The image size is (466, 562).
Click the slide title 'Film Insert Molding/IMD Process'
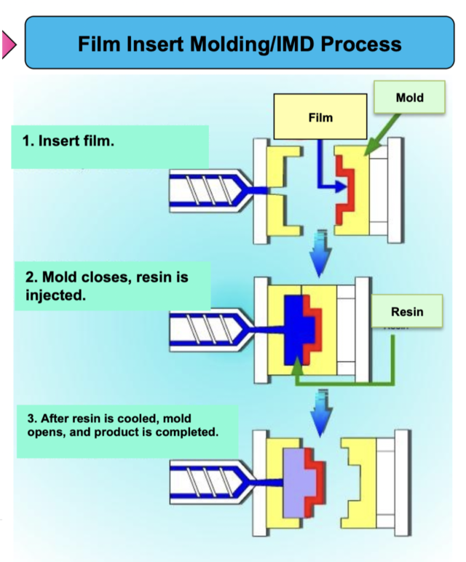click(x=240, y=44)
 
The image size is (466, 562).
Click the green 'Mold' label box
click(x=410, y=97)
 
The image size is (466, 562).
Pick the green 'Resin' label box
click(x=407, y=312)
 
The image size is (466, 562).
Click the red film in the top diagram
click(x=344, y=193)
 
